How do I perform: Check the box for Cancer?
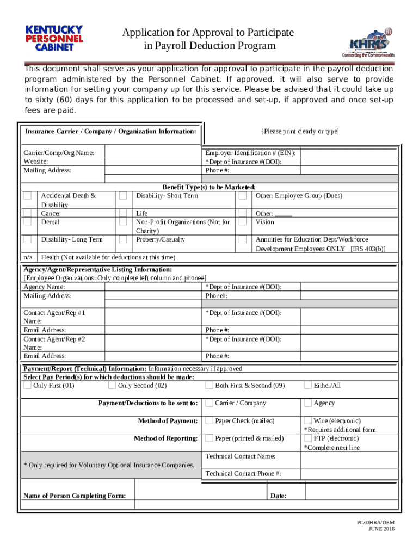point(27,214)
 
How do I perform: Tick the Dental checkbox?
point(27,222)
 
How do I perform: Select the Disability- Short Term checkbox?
point(124,196)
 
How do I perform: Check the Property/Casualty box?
point(124,239)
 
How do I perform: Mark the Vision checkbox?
point(242,222)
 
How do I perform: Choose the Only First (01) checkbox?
point(27,386)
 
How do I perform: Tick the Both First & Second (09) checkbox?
point(209,386)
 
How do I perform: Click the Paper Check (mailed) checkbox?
point(209,420)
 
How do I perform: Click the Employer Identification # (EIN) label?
point(250,153)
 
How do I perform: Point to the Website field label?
point(35,162)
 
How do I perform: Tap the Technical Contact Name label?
point(240,456)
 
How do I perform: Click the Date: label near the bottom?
point(278,496)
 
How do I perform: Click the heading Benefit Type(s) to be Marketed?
point(209,187)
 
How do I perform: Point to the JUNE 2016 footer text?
point(381,529)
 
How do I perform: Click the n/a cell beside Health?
point(28,257)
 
